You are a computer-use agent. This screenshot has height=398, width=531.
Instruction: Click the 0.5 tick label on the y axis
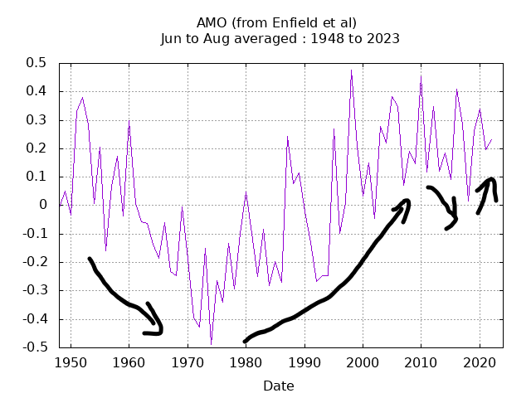click(x=35, y=63)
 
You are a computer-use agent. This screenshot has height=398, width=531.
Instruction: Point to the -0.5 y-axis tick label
click(x=32, y=347)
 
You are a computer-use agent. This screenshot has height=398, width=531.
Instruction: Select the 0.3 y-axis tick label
click(x=35, y=119)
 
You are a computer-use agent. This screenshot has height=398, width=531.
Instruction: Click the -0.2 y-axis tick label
click(x=32, y=262)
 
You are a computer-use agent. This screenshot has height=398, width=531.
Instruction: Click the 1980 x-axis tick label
click(x=246, y=363)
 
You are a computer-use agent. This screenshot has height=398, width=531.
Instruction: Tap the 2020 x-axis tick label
click(x=480, y=363)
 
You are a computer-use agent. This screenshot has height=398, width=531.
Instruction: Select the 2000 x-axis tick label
click(x=363, y=363)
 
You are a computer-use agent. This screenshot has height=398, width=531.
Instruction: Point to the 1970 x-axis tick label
click(x=188, y=363)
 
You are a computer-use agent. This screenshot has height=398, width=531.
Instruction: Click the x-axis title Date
click(x=278, y=386)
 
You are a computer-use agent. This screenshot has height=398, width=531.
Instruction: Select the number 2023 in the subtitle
click(x=383, y=38)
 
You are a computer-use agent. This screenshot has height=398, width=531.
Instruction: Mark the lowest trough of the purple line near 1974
click(x=211, y=344)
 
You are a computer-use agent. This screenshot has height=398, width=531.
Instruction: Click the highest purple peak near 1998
click(x=351, y=70)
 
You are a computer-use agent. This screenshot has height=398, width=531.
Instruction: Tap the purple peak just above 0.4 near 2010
click(x=421, y=76)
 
